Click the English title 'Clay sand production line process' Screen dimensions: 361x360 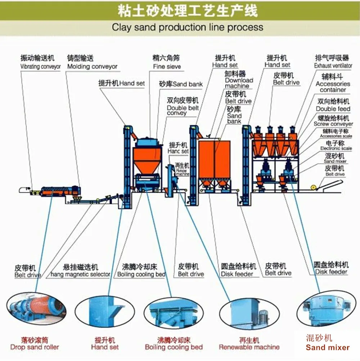187,27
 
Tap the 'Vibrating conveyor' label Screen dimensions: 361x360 40,67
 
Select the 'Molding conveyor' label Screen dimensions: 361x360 92,67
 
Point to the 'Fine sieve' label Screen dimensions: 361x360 167,67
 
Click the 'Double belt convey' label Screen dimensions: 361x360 182,110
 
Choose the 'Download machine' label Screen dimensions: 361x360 239,83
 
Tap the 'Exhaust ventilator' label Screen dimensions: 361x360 333,66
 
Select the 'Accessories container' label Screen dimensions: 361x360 333,87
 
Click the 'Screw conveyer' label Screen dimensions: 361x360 333,124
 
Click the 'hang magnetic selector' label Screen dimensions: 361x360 80,274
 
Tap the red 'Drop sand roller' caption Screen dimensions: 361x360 35,347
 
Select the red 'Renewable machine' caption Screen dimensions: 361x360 249,347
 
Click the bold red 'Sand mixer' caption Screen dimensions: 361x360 328,347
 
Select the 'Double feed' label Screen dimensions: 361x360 333,109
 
